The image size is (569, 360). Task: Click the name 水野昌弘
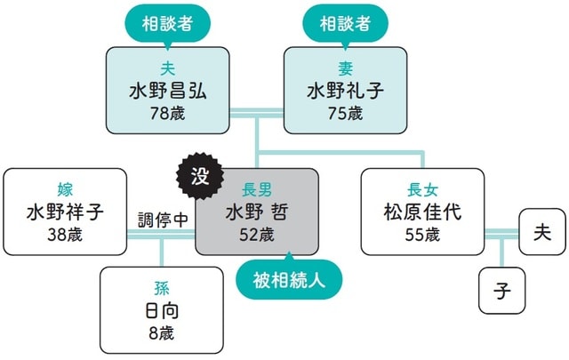pos(167,92)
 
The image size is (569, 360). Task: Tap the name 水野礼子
pos(345,92)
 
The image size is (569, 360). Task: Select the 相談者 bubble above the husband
pos(167,21)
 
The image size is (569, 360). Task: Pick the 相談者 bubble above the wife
pos(345,21)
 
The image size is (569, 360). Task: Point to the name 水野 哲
pos(257,213)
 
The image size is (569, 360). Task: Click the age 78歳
pos(167,114)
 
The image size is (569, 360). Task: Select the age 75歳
pos(345,114)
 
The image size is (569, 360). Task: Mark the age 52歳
pos(257,236)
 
